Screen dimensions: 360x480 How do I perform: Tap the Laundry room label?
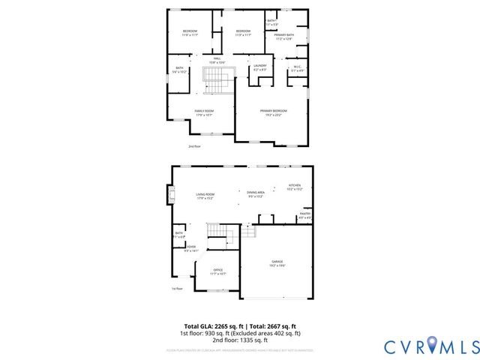[260, 67]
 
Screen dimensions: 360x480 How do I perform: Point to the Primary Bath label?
[283, 37]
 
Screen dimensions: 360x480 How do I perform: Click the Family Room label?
[204, 112]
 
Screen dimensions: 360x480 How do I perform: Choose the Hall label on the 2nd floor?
[217, 59]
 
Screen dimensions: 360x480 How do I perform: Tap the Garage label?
[277, 263]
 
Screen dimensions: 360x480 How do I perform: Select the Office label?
[218, 271]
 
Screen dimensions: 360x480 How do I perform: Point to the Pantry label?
[305, 215]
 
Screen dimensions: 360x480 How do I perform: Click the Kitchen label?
[295, 187]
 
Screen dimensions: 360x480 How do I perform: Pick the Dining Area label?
[256, 195]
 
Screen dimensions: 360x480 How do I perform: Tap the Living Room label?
[205, 196]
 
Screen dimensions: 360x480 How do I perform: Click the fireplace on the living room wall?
[171, 196]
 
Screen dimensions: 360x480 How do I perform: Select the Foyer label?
[191, 249]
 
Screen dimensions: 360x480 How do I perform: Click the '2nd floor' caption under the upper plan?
[194, 146]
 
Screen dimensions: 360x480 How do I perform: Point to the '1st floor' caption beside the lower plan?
[177, 288]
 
